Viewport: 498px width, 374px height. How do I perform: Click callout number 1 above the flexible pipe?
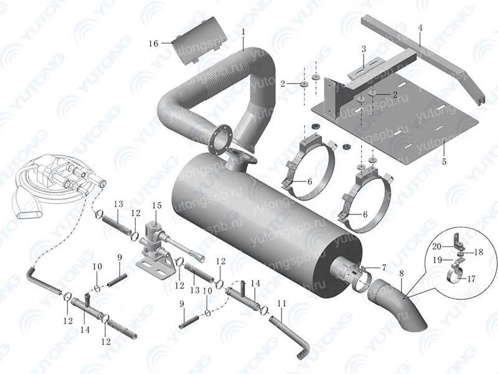[243, 31]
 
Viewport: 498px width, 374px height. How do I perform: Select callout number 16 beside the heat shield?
[154, 43]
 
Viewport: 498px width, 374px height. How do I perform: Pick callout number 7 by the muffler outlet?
[384, 267]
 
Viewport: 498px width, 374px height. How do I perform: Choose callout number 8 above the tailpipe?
[402, 272]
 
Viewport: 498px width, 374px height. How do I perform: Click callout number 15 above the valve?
[157, 205]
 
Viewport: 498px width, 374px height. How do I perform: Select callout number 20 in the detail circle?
[438, 246]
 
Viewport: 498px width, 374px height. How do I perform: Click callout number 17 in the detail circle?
[471, 279]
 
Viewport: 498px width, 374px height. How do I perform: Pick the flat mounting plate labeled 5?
[398, 118]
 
